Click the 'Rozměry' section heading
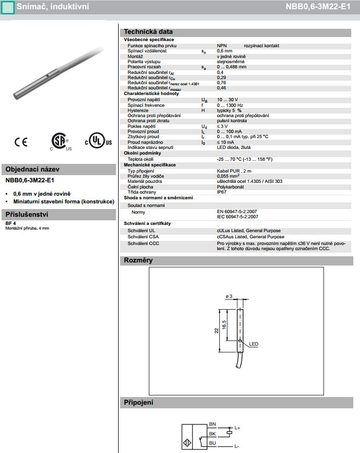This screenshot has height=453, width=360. pyautogui.click(x=139, y=260)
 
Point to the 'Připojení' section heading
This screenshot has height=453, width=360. pyautogui.click(x=139, y=402)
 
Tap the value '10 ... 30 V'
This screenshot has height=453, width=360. pyautogui.click(x=228, y=100)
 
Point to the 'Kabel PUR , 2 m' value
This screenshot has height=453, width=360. pyautogui.click(x=235, y=171)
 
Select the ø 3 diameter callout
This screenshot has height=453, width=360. pyautogui.click(x=229, y=296)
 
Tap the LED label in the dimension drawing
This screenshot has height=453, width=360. pyautogui.click(x=254, y=344)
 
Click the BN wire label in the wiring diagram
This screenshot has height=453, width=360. pyautogui.click(x=213, y=424)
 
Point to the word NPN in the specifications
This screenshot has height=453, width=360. pyautogui.click(x=222, y=46)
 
